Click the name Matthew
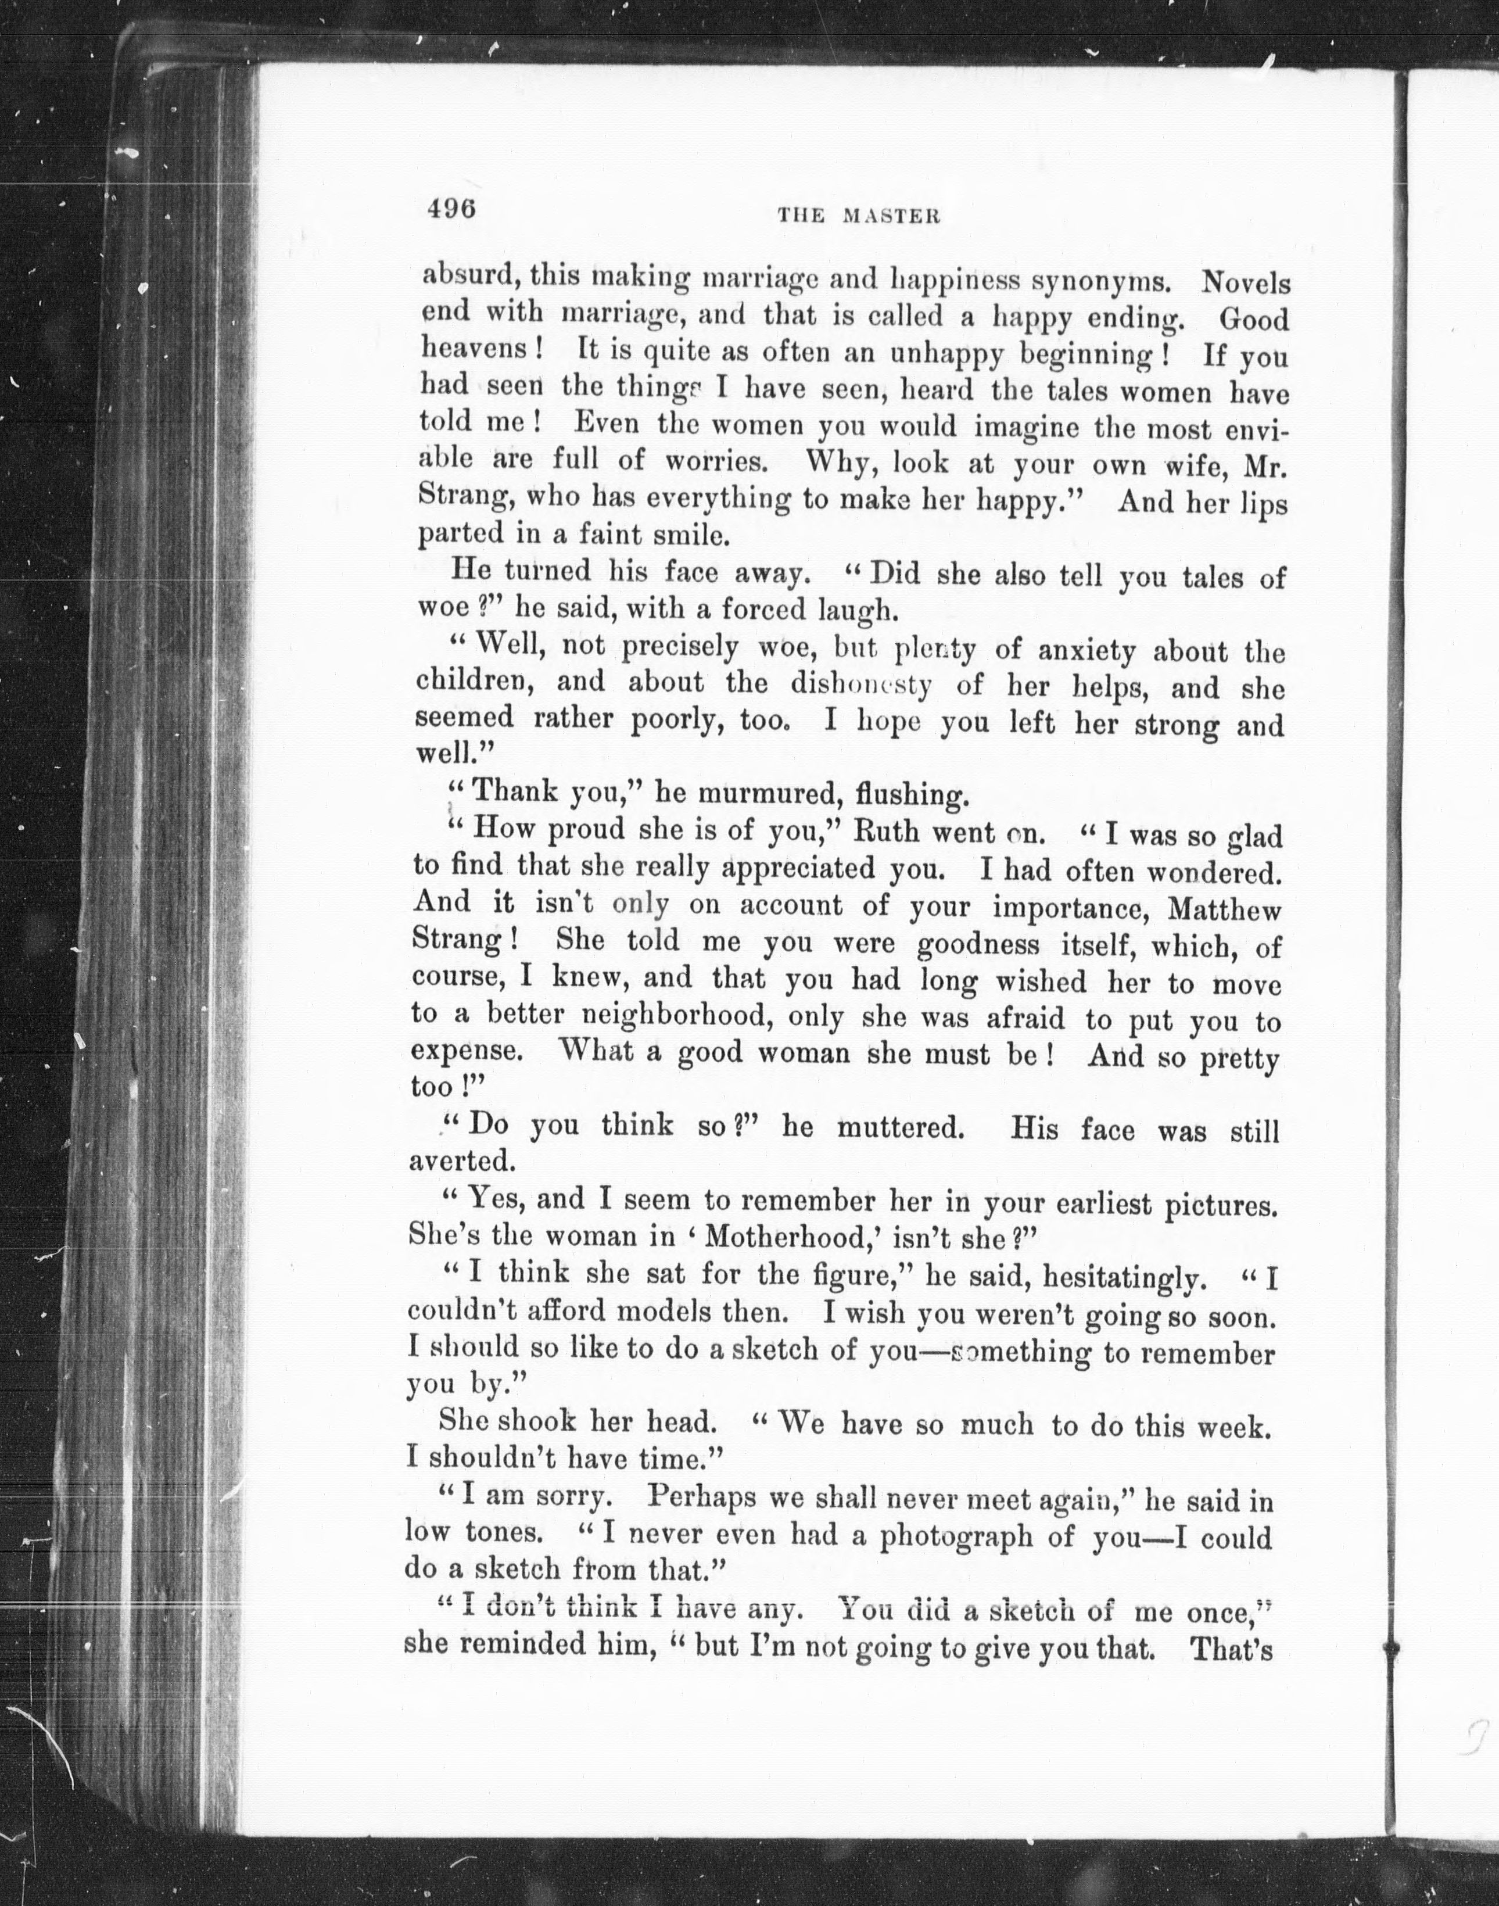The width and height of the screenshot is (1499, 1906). [1224, 908]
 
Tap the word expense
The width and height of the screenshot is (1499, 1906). [467, 1051]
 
